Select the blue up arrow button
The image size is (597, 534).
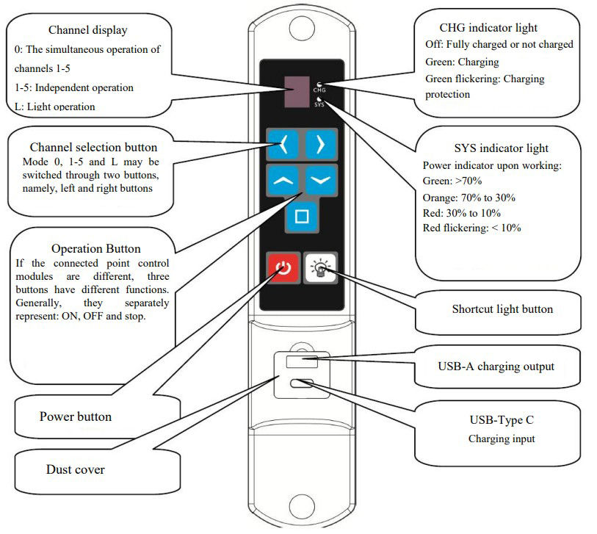click(x=284, y=179)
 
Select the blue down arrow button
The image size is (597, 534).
click(x=320, y=179)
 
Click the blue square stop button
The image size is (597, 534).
click(x=302, y=217)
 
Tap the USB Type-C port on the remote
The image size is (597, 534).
click(x=302, y=383)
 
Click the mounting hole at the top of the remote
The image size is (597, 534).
click(x=302, y=29)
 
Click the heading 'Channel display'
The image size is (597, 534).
click(x=87, y=30)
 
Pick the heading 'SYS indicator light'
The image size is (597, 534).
click(x=491, y=149)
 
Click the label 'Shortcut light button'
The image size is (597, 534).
click(x=502, y=309)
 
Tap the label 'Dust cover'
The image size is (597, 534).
click(x=75, y=469)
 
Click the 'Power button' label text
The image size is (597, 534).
click(x=75, y=416)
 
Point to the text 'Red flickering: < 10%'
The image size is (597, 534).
click(x=472, y=228)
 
